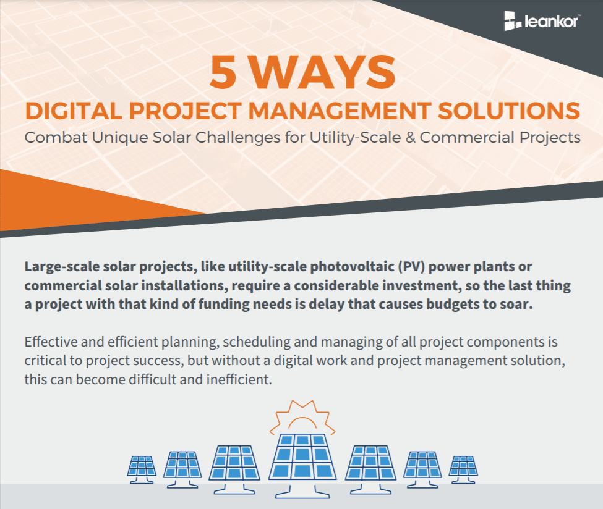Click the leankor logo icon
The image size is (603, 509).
coord(513,21)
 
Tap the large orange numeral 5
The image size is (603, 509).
coord(223,72)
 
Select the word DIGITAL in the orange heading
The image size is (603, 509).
coord(74,111)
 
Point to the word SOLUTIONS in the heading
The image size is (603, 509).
coord(509,111)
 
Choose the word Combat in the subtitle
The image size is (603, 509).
coord(56,138)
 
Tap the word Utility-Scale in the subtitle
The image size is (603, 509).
coord(356,138)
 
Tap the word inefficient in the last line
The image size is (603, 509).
coord(239,379)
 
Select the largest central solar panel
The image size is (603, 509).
coord(302,457)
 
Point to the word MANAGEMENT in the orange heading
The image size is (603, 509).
coord(340,111)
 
